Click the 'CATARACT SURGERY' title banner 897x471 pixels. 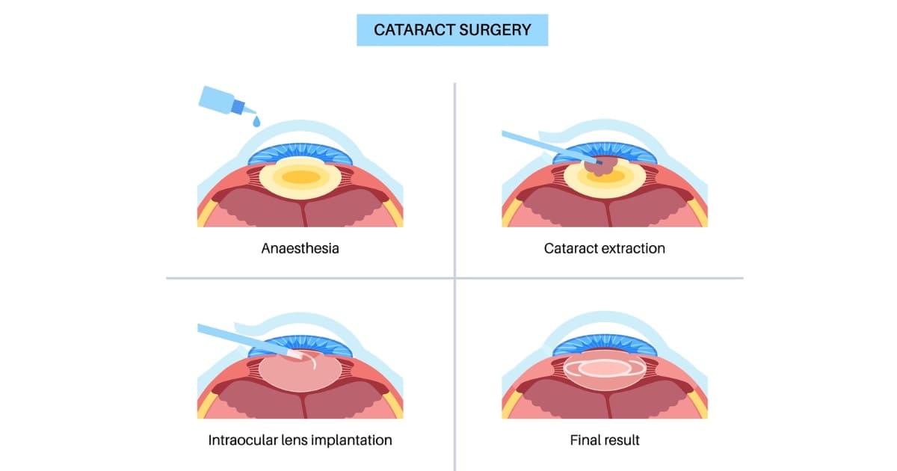coord(451,30)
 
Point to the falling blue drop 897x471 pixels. coord(256,120)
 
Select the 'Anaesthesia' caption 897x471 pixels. coord(300,248)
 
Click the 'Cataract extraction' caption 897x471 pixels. coord(604,248)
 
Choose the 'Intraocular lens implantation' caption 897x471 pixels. coord(300,440)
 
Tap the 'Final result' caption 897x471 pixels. coord(604,440)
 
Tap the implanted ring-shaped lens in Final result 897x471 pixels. coord(604,368)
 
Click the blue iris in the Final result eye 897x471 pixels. coord(604,345)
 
